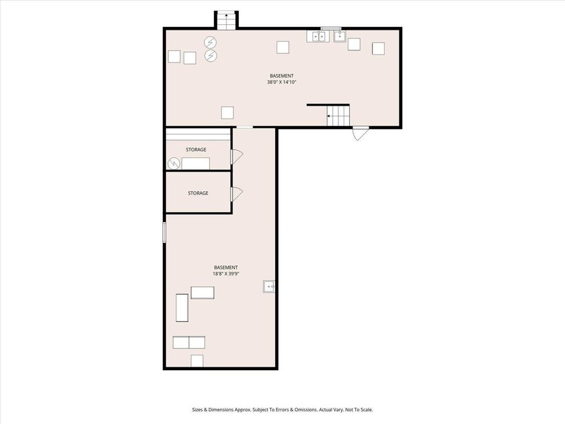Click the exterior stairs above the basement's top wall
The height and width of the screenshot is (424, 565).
click(x=226, y=20)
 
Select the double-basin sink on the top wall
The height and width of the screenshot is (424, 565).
click(x=317, y=36)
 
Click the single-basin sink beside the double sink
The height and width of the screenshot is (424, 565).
click(x=340, y=36)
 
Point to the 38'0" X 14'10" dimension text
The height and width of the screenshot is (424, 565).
click(x=282, y=82)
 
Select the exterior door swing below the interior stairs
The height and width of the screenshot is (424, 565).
click(x=360, y=133)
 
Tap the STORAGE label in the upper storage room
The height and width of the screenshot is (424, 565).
click(x=196, y=149)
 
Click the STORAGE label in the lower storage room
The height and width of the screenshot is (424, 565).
click(x=198, y=193)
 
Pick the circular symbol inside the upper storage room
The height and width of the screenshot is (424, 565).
click(x=174, y=164)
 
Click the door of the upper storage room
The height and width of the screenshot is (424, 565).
click(x=236, y=157)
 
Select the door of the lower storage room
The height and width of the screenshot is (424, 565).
click(x=236, y=194)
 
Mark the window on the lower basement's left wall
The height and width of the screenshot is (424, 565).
click(x=164, y=232)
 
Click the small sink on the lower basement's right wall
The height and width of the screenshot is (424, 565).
click(x=269, y=287)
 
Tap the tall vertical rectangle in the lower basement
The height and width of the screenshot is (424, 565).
click(x=182, y=308)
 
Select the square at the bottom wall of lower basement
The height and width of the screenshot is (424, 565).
click(x=196, y=361)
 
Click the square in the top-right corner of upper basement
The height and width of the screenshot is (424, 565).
click(x=378, y=48)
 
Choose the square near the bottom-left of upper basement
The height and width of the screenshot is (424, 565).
click(x=227, y=112)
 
